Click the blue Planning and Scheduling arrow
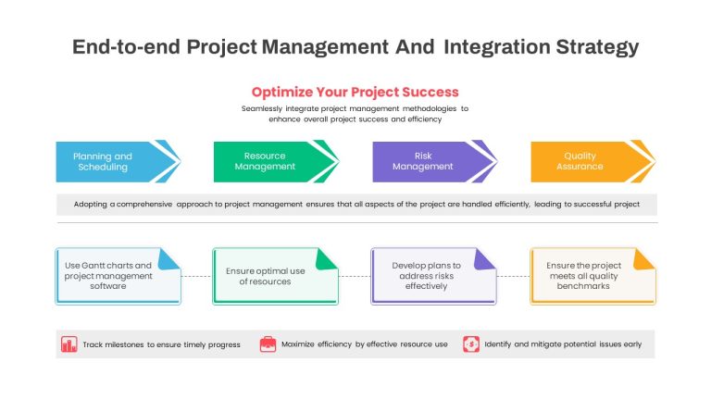click(x=118, y=161)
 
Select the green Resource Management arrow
click(x=276, y=161)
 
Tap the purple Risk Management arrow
click(x=434, y=161)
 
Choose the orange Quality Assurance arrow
click(x=592, y=161)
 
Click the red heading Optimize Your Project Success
click(x=355, y=92)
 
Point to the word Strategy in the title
click(x=597, y=47)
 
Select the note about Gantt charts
click(x=118, y=276)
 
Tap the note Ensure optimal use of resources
click(x=275, y=276)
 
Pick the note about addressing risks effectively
click(x=433, y=276)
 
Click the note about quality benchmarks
click(x=592, y=276)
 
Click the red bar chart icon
click(x=69, y=344)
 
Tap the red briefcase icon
click(x=268, y=344)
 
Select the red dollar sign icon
click(x=471, y=344)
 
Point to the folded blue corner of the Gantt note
click(x=168, y=259)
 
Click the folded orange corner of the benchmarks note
click(x=643, y=259)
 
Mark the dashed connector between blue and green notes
click(x=197, y=276)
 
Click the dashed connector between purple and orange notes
click(x=513, y=276)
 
